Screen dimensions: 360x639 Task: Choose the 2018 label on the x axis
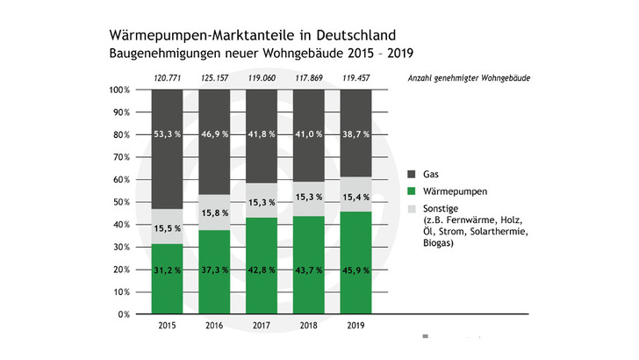coord(308,326)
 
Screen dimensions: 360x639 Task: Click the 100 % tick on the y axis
coord(119,90)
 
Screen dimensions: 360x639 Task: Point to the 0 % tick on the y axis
coord(124,313)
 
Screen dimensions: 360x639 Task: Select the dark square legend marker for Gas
coord(413,173)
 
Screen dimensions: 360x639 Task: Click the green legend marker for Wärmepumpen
coord(413,190)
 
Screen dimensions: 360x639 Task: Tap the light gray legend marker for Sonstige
coord(413,207)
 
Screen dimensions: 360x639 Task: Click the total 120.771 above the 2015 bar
coord(167,78)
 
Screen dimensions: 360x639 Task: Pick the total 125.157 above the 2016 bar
coord(214,78)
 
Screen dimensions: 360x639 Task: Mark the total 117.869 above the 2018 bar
coord(308,78)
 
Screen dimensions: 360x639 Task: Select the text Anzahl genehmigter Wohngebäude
coord(468,78)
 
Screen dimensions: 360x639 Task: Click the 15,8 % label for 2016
coord(214,212)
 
